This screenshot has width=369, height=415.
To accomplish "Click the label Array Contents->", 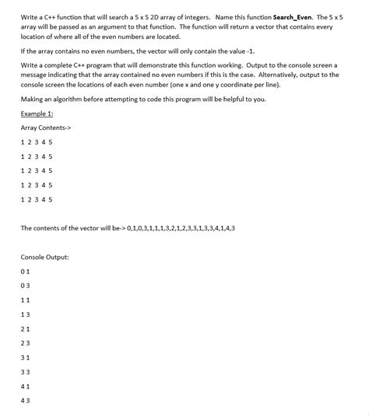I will tap(47, 128).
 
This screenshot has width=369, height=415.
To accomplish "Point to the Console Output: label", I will tap(44, 257).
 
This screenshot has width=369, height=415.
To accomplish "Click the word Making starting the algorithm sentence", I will tap(33, 100).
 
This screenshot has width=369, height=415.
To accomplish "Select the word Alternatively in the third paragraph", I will tap(279, 75).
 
